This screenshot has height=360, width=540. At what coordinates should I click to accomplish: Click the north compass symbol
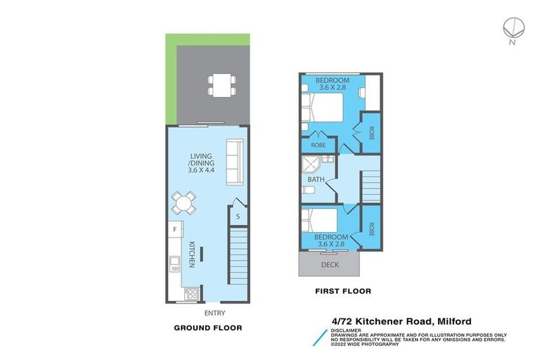(512, 27)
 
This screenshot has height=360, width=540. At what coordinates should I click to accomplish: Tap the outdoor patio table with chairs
(220, 85)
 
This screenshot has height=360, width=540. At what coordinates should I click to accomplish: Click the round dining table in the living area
(183, 204)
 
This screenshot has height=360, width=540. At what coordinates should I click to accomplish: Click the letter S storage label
(238, 216)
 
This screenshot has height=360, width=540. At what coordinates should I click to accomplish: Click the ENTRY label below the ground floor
(214, 313)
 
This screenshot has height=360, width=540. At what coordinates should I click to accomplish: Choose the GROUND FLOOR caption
(207, 328)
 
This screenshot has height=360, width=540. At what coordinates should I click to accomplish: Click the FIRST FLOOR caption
(344, 290)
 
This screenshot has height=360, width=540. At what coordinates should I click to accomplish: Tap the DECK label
(330, 264)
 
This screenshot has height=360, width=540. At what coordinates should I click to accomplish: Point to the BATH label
(316, 179)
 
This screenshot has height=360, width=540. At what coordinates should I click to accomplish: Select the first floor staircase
(372, 186)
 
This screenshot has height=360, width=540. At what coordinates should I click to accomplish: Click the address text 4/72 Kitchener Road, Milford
(401, 322)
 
